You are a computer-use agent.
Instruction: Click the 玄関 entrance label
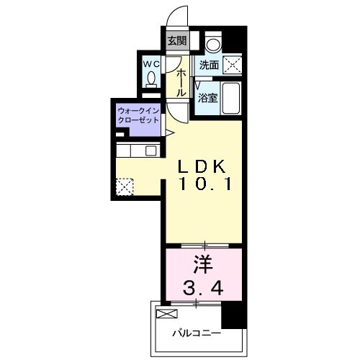177,41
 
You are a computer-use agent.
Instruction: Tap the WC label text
151,64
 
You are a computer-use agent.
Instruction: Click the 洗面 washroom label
209,65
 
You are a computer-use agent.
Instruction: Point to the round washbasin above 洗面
214,43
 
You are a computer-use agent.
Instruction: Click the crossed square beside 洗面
233,64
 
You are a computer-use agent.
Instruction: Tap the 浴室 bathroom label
207,98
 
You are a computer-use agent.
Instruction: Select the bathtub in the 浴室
231,99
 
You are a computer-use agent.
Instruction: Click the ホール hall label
181,83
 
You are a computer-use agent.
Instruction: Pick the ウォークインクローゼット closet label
138,115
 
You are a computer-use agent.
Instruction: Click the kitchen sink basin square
151,150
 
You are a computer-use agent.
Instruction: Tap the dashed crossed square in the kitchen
125,186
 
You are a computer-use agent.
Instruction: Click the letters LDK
202,166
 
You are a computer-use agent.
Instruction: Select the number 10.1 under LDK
204,184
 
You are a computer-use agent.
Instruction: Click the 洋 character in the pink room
204,264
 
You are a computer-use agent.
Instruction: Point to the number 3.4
204,288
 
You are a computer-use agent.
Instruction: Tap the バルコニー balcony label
197,333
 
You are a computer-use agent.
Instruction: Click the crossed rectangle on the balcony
166,314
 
